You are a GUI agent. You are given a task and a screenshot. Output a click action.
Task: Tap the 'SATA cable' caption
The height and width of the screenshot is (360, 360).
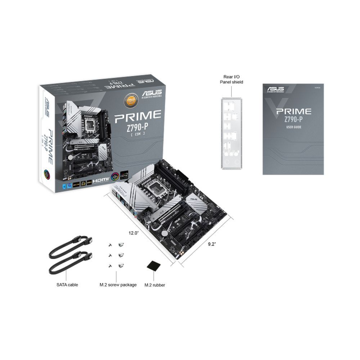(x=67, y=285)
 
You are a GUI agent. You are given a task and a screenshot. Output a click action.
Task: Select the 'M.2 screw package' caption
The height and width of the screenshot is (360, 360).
(x=118, y=285)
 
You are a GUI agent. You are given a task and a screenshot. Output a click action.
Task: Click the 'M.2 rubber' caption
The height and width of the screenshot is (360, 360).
(x=155, y=285)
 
